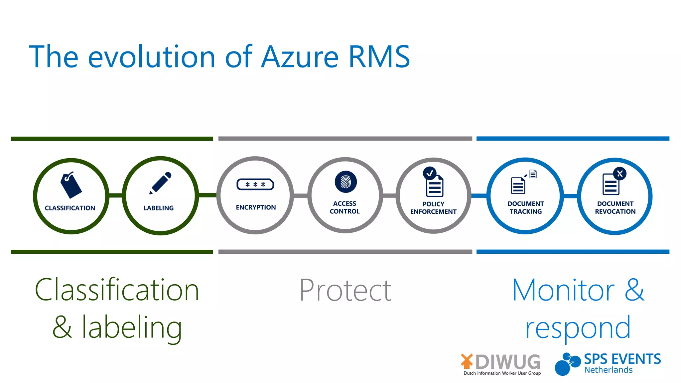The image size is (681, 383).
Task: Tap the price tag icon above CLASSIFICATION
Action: coord(71,185)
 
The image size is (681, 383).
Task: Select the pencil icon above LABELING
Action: coord(161,183)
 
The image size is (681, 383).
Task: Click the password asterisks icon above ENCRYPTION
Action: coord(255,184)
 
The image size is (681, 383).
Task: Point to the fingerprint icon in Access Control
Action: coord(345,182)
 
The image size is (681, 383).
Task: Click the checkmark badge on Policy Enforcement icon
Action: coord(430,173)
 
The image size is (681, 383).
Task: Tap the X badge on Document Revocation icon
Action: coord(620,174)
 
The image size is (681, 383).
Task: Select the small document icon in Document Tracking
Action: coord(533,174)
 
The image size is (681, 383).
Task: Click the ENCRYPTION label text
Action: coord(256,207)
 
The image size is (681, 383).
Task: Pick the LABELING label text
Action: coord(159,208)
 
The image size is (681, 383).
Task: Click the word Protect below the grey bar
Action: coord(345,291)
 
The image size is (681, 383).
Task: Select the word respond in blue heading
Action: coord(578,328)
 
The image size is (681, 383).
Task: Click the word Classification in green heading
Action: coord(117,290)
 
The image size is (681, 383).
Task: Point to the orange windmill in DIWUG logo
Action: coord(467,361)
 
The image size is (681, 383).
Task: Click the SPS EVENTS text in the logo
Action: coord(622,359)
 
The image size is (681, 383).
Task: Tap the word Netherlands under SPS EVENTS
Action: coord(608,370)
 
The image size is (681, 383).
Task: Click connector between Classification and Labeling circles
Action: coord(116,195)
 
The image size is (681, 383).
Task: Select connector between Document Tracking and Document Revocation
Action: coord(570,196)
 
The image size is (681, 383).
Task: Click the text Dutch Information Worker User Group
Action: coord(502,373)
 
